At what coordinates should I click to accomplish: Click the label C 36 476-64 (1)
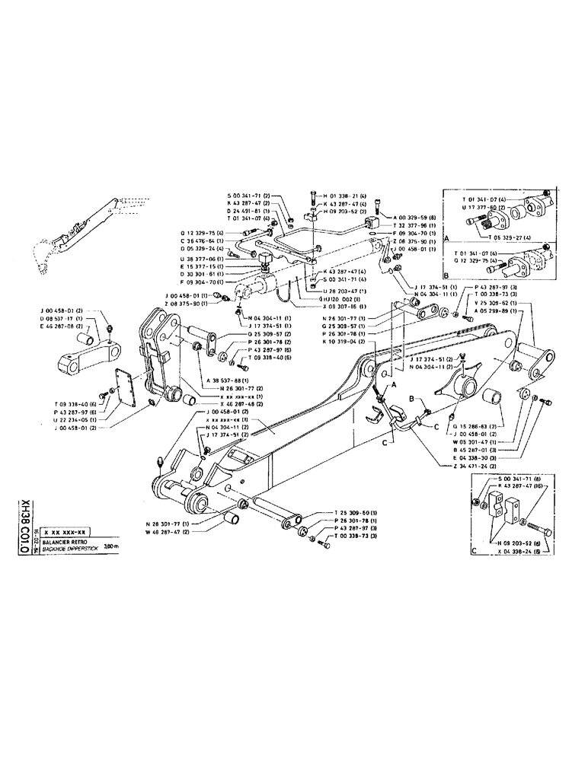point(202,240)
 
